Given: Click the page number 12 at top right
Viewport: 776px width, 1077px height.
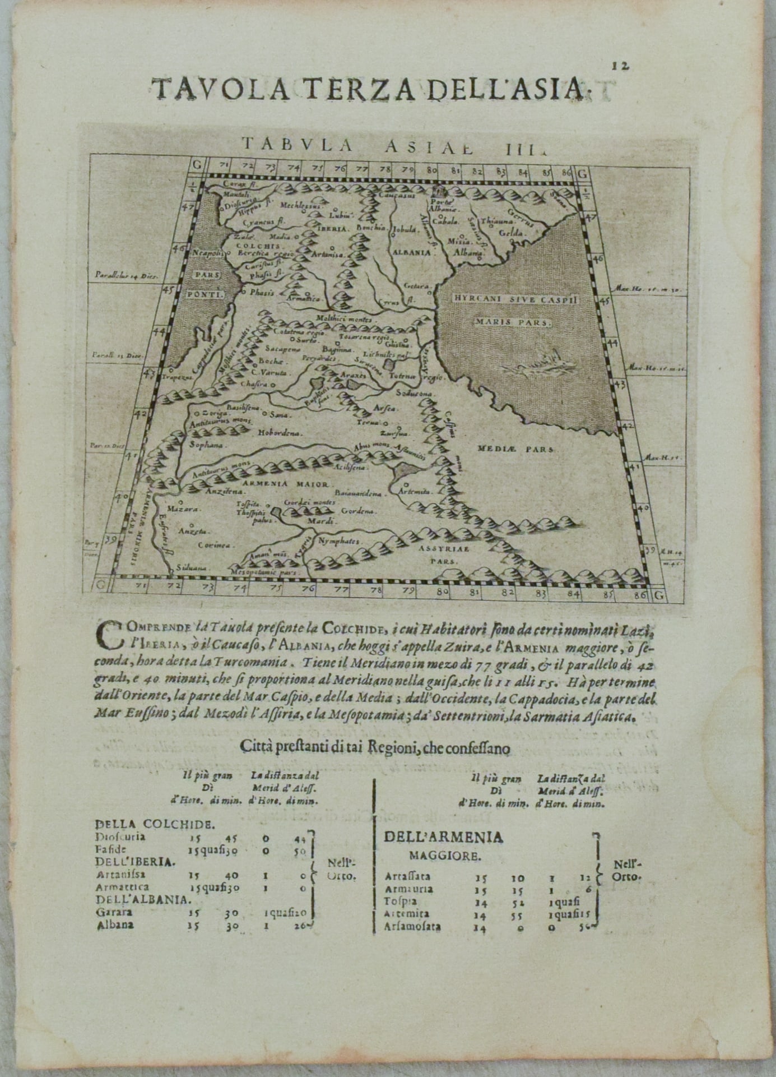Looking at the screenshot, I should tap(620, 66).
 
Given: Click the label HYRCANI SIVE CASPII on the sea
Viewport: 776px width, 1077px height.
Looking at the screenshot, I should tap(514, 300).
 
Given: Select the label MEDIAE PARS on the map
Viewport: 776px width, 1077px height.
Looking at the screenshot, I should tap(515, 449).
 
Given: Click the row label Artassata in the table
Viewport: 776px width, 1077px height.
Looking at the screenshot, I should tap(408, 876).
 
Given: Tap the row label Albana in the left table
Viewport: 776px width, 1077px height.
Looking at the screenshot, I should tap(115, 925).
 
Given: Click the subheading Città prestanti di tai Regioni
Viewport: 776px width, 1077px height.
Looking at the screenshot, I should tap(374, 748).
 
